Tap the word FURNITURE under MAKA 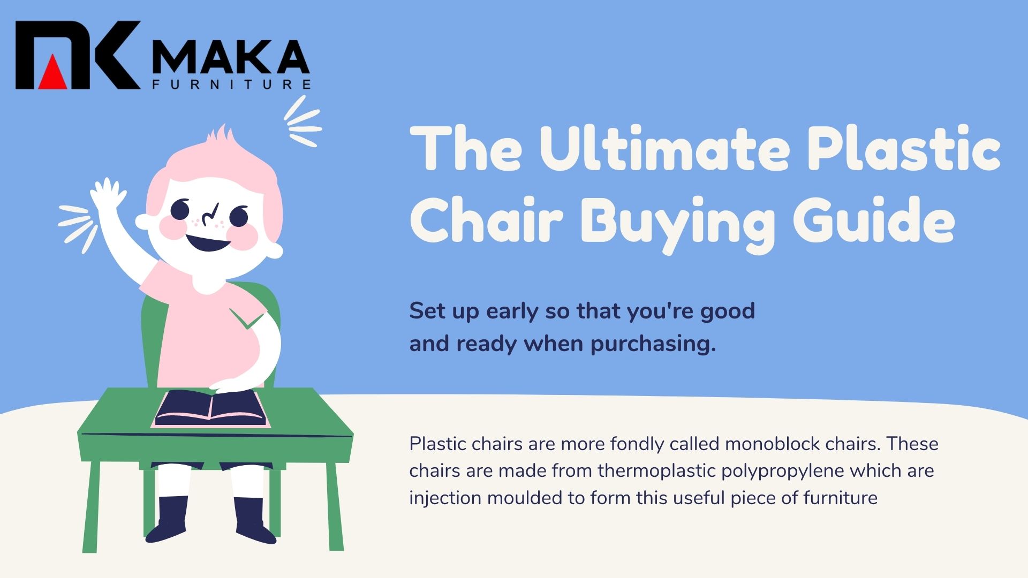point(231,85)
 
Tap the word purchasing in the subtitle point(653,344)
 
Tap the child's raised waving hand point(107,196)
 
